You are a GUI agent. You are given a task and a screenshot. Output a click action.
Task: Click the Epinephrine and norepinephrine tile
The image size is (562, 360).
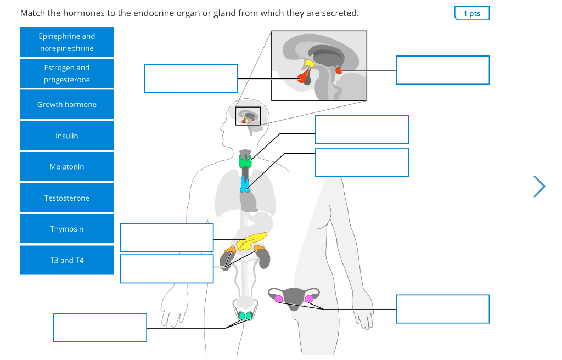point(67,42)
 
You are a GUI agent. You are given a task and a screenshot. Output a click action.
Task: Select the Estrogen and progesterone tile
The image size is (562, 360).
point(67,74)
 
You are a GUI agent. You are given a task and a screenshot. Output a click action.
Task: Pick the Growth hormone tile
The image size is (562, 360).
point(67,105)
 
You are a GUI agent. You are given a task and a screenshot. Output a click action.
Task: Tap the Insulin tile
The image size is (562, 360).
point(67,136)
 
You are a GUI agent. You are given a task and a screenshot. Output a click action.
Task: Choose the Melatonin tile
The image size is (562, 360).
point(67,167)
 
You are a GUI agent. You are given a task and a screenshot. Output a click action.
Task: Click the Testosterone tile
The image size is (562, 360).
point(67,198)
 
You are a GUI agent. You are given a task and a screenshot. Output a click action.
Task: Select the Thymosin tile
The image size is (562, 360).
point(67,229)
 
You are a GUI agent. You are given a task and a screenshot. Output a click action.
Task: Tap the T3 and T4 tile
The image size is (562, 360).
point(67,260)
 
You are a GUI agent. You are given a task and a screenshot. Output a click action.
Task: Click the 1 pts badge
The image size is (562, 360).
point(471,13)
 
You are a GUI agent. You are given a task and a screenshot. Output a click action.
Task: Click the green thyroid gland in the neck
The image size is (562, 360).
point(245,162)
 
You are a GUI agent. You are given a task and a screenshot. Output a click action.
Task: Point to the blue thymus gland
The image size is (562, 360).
point(245,184)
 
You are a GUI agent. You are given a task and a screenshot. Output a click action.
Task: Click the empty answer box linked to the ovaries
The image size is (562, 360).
point(442,309)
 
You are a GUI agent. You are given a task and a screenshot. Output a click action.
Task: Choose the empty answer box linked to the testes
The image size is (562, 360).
point(100,328)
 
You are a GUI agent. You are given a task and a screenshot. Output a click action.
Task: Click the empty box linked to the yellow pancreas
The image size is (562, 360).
point(167,238)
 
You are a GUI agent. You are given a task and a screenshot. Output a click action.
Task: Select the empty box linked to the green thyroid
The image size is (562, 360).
point(362,130)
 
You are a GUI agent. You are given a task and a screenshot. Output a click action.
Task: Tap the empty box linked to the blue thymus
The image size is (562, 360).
point(362,162)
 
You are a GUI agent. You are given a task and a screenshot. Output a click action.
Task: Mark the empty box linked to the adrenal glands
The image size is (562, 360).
point(167,268)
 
